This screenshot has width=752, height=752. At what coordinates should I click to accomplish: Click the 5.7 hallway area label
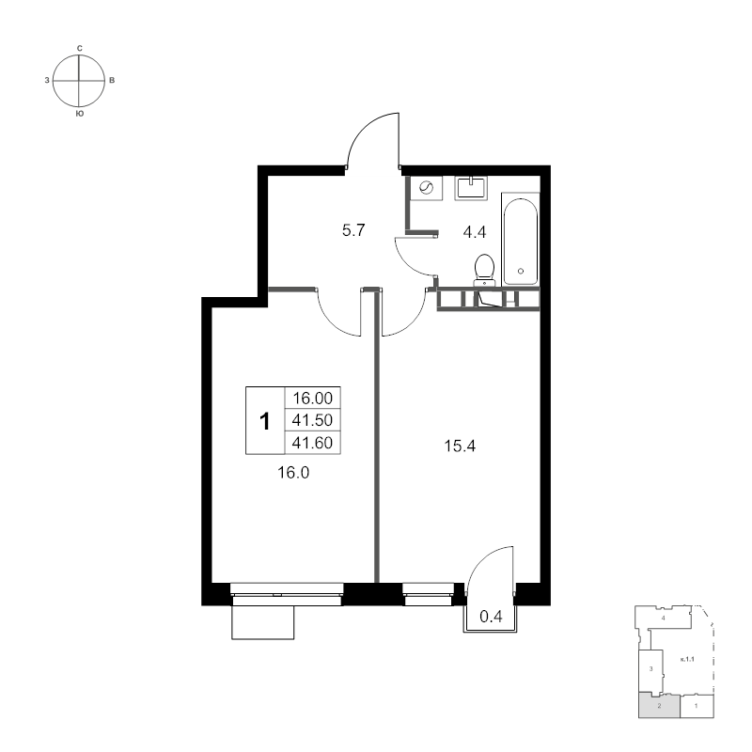pos(353,230)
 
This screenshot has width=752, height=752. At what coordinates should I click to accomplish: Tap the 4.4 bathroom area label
pos(475,232)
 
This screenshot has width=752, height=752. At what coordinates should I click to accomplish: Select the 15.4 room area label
pos(460,446)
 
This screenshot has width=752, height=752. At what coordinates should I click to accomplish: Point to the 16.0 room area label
pos(293,473)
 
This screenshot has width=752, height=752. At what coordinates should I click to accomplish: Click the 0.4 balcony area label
pos(491,617)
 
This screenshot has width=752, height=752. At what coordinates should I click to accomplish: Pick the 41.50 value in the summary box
pos(312,420)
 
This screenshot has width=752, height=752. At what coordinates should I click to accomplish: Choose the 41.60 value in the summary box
pos(312,443)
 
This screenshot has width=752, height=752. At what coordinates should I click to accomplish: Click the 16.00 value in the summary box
pos(313,398)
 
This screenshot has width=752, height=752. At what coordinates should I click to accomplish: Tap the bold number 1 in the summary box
pos(265,421)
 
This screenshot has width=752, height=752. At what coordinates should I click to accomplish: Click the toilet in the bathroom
pos(484,270)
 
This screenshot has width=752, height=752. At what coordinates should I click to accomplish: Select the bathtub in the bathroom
pos(520,239)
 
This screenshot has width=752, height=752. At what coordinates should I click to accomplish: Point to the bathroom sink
pos(472,187)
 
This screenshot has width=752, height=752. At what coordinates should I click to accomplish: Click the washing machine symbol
pos(426,187)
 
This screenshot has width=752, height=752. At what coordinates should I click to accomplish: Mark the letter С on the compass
pos(80,49)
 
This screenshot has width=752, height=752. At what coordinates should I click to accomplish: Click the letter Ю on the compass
pos(80,114)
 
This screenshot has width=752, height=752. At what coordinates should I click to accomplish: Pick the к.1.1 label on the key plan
pos(688,660)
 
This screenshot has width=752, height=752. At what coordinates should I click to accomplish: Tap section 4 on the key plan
pos(664,619)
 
